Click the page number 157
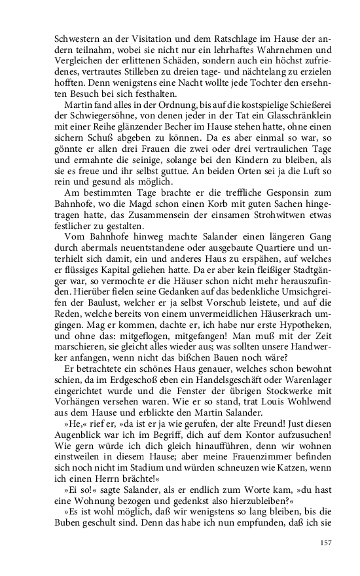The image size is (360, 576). (x=327, y=542)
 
